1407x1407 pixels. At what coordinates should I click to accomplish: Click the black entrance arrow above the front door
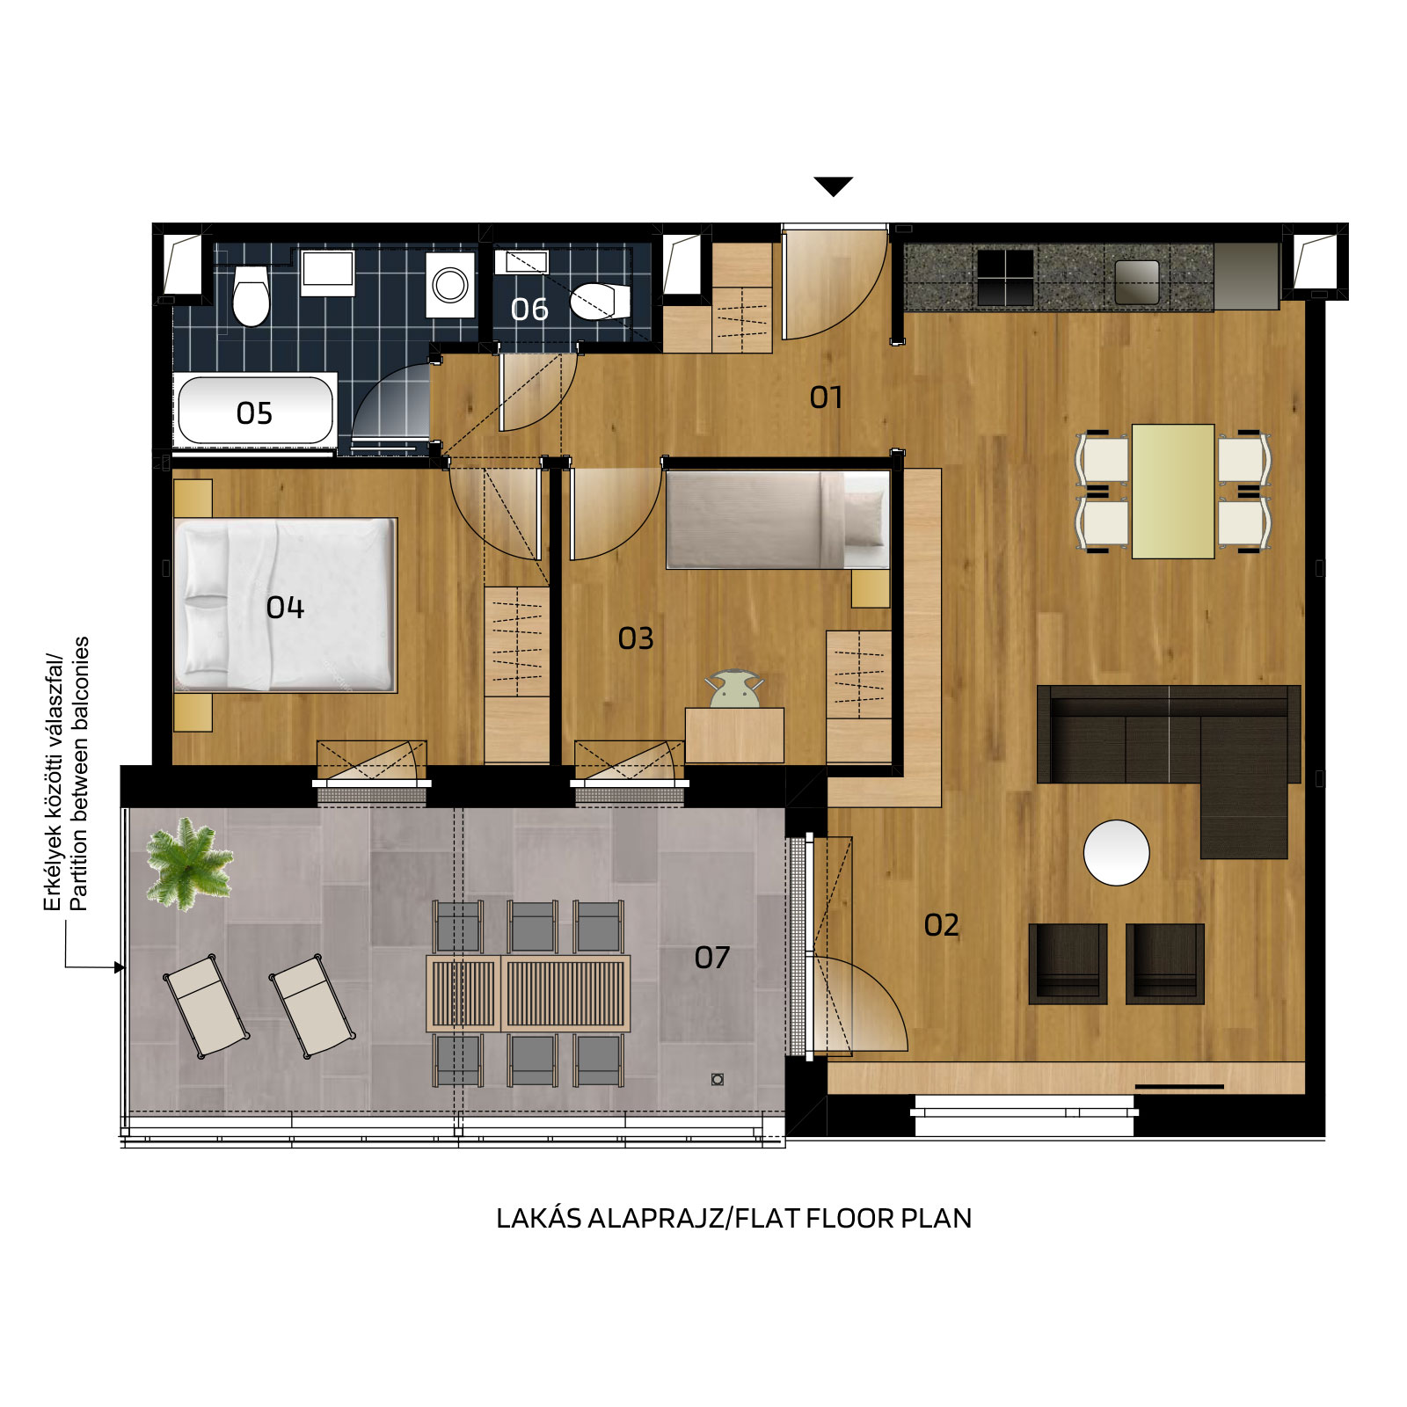pos(833,186)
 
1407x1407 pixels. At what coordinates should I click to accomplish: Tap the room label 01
pos(826,397)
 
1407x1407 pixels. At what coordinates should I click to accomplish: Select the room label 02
pos(941,925)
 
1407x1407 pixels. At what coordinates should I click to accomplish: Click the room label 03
pos(636,638)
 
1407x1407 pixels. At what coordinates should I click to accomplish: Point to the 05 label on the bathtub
pos(254,413)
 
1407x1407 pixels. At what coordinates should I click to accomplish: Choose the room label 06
pos(529,310)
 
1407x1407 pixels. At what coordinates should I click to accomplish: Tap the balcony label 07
pos(712,958)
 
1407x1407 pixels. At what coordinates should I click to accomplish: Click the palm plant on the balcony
pos(188,864)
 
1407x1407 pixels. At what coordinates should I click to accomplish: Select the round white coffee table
pos(1117,852)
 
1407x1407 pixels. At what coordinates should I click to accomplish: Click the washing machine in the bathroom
pos(451,285)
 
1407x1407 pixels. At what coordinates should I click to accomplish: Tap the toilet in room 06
pos(600,301)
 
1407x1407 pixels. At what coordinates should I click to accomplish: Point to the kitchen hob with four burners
pos(1005,277)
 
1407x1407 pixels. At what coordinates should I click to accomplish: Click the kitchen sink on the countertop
pos(1136,282)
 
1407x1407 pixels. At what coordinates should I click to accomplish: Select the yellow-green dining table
pos(1173,492)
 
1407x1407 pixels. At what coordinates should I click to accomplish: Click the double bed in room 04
pos(285,605)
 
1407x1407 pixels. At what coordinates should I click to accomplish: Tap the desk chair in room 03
pos(734,689)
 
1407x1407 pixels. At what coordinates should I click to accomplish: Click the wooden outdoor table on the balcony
pos(528,994)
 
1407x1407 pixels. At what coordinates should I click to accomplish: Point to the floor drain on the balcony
pos(718,1079)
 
